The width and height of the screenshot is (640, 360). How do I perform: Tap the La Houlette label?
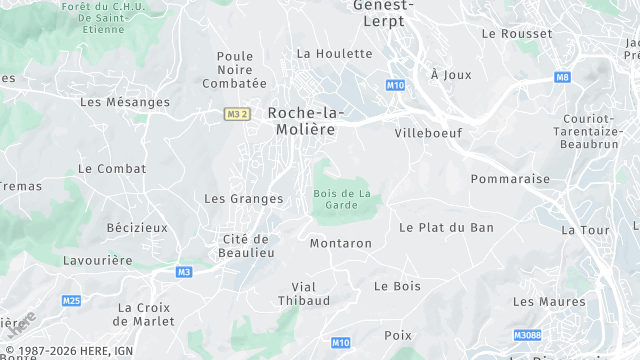click(x=334, y=53)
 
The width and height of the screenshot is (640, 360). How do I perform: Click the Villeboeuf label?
click(x=427, y=132)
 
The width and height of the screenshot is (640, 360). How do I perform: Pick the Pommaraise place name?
click(x=510, y=179)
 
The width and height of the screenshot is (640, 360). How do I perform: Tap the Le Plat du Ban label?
click(x=446, y=228)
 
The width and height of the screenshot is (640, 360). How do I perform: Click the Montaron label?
click(x=341, y=243)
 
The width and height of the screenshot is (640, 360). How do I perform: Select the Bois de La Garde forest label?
click(x=342, y=199)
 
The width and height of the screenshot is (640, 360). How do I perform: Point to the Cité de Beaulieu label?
click(x=246, y=246)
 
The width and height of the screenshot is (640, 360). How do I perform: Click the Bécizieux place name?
click(x=138, y=228)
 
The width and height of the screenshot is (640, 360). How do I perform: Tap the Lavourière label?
click(x=96, y=260)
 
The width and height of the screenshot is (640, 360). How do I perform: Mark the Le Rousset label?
click(x=517, y=33)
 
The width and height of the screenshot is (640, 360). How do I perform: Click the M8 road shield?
click(x=562, y=77)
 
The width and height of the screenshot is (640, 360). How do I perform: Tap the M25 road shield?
click(x=71, y=300)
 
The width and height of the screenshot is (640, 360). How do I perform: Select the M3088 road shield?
click(x=527, y=335)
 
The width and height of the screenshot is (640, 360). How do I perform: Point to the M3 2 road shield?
click(x=236, y=114)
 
